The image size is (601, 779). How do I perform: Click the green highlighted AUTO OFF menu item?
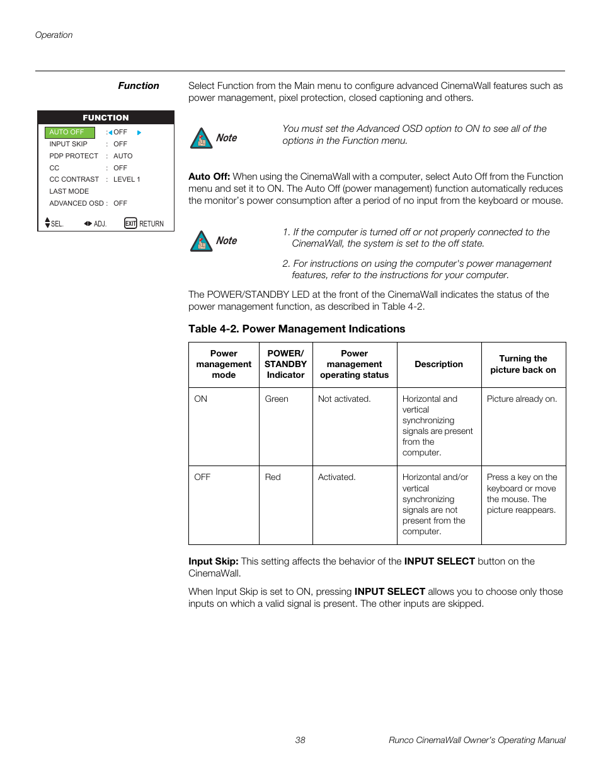(69, 132)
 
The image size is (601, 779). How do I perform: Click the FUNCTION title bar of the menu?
(105, 117)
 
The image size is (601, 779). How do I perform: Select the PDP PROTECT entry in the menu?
(74, 156)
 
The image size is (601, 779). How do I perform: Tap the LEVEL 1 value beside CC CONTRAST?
(127, 179)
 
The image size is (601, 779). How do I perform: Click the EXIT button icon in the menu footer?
(130, 223)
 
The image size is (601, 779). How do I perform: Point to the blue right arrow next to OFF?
(139, 132)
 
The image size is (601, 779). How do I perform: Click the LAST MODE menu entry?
(69, 191)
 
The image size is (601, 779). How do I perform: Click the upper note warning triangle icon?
(201, 138)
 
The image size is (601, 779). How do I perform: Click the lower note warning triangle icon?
(201, 241)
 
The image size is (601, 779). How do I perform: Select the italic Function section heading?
(139, 86)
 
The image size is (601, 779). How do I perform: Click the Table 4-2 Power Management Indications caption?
(296, 329)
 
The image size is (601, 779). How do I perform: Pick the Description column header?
(438, 365)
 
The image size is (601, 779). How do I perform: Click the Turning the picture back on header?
(523, 365)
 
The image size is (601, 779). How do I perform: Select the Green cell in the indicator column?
(276, 399)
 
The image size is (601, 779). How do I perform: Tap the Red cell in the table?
(272, 477)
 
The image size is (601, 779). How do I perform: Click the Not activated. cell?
(344, 399)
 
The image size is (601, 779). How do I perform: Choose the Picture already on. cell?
(522, 399)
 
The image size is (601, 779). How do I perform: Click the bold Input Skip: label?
(213, 561)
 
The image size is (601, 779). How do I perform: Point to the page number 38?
(300, 740)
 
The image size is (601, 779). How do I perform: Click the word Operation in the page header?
(54, 35)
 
